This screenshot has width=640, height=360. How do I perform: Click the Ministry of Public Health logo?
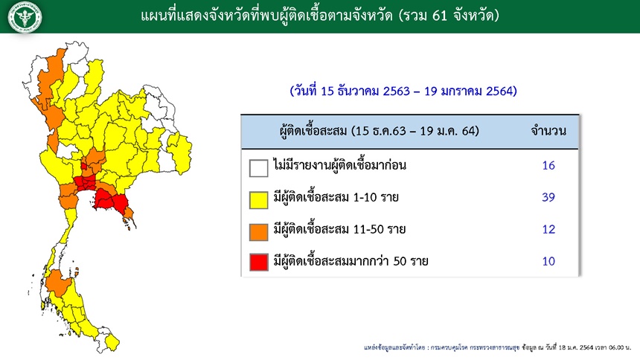click(25, 16)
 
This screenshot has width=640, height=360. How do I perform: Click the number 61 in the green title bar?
click(439, 16)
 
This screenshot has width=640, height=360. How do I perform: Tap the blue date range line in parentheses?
click(403, 91)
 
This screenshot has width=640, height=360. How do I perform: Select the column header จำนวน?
click(548, 131)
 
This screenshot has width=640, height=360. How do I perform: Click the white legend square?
click(259, 168)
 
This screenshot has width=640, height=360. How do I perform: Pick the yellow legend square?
click(259, 200)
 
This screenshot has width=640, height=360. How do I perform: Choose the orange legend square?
click(259, 232)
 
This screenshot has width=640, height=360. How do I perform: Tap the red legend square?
click(259, 262)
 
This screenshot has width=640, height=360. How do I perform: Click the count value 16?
click(548, 165)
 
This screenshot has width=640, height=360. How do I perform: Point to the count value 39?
click(548, 197)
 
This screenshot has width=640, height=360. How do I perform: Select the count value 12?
click(548, 229)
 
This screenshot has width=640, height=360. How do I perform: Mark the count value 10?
click(548, 261)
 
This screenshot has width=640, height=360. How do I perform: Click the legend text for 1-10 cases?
click(336, 197)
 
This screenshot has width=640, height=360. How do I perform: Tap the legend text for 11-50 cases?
click(339, 229)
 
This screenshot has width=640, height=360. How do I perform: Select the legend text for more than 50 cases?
click(351, 260)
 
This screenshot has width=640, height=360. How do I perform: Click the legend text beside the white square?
click(339, 165)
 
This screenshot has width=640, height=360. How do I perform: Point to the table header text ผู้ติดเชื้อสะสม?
click(313, 131)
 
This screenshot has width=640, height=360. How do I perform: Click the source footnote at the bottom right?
click(497, 347)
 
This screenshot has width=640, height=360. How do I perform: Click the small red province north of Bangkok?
click(83, 166)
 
